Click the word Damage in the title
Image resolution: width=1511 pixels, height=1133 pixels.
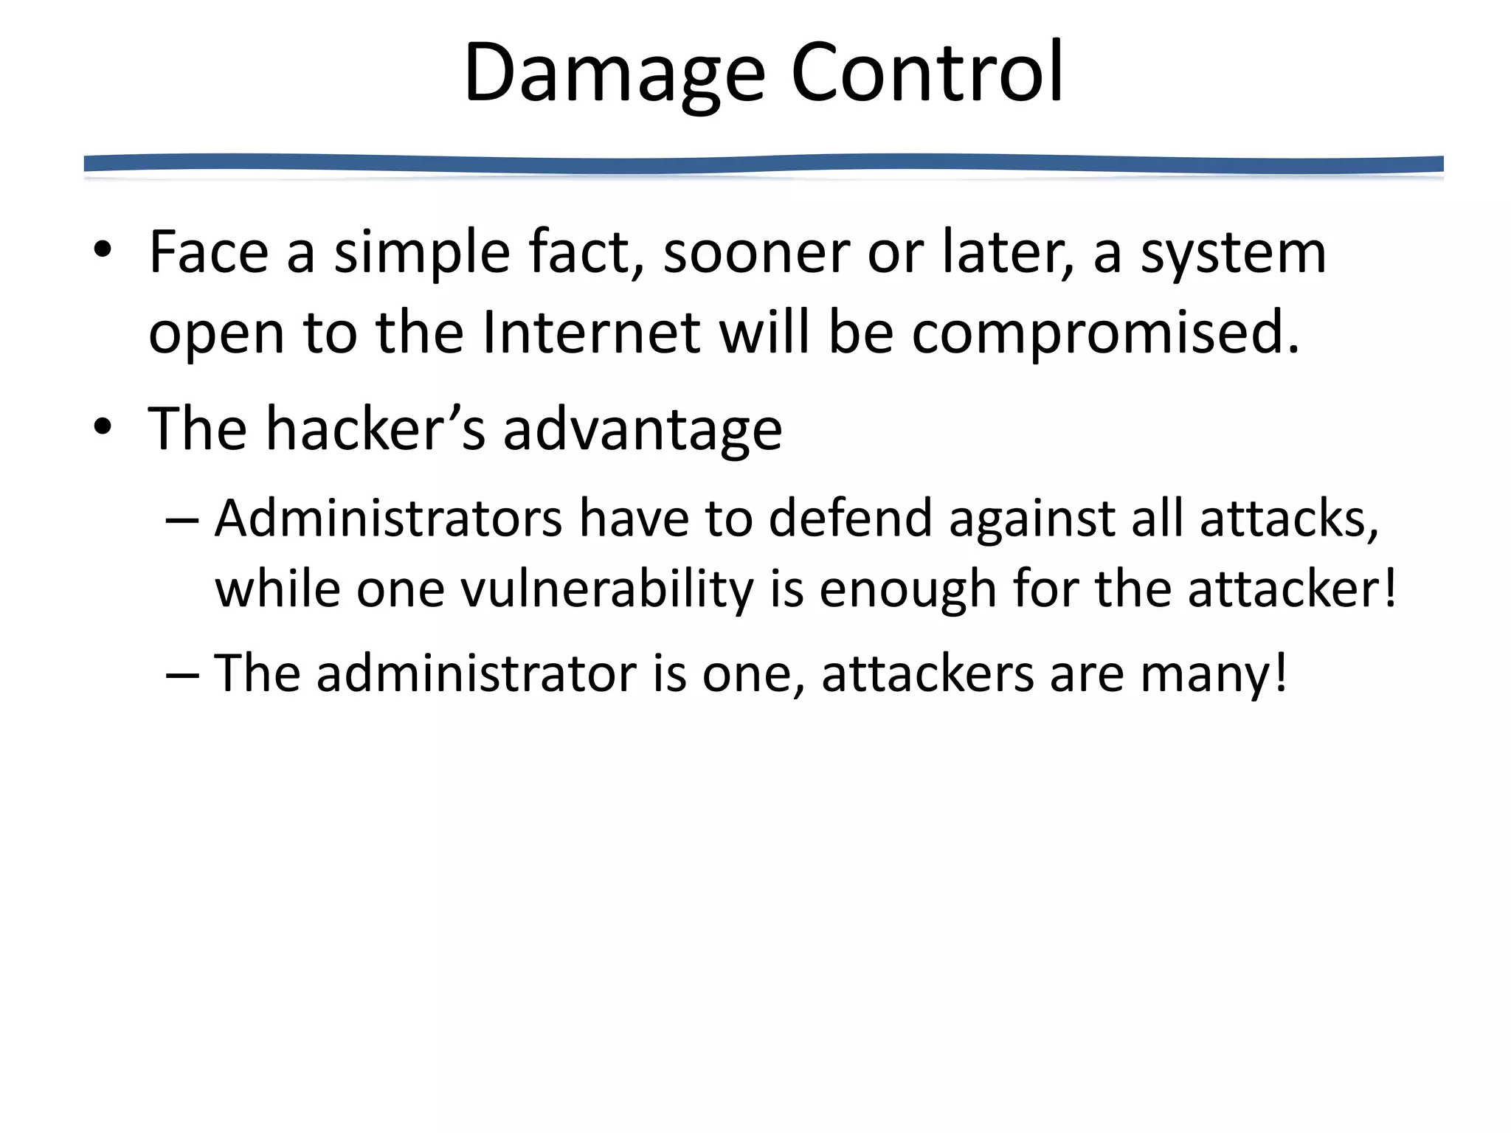point(614,74)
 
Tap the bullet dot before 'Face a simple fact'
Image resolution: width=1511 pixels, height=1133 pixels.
point(103,250)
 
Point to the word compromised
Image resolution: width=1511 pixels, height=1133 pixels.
point(1104,333)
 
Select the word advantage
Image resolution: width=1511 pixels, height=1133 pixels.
point(642,431)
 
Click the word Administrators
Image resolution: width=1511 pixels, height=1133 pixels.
point(388,518)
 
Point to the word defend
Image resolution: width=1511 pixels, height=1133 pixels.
point(850,518)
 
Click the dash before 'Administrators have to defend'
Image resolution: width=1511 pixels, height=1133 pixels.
point(182,521)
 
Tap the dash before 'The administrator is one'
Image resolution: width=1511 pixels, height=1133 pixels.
point(182,675)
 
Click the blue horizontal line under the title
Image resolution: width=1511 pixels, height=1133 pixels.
point(763,164)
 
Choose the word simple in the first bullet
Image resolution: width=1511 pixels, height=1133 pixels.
point(421,253)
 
